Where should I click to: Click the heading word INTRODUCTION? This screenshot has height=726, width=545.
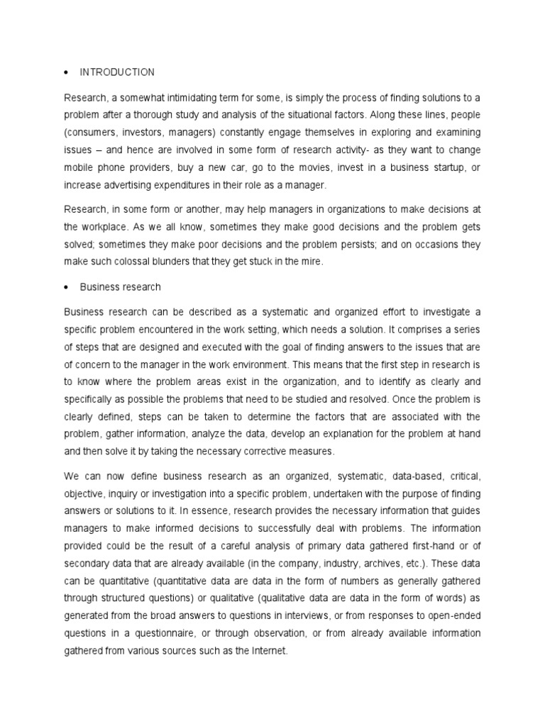[117, 72]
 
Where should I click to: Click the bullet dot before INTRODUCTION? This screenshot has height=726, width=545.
[66, 73]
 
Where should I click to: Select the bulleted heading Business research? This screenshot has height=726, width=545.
[120, 287]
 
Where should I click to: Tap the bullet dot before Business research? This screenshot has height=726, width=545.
[66, 288]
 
